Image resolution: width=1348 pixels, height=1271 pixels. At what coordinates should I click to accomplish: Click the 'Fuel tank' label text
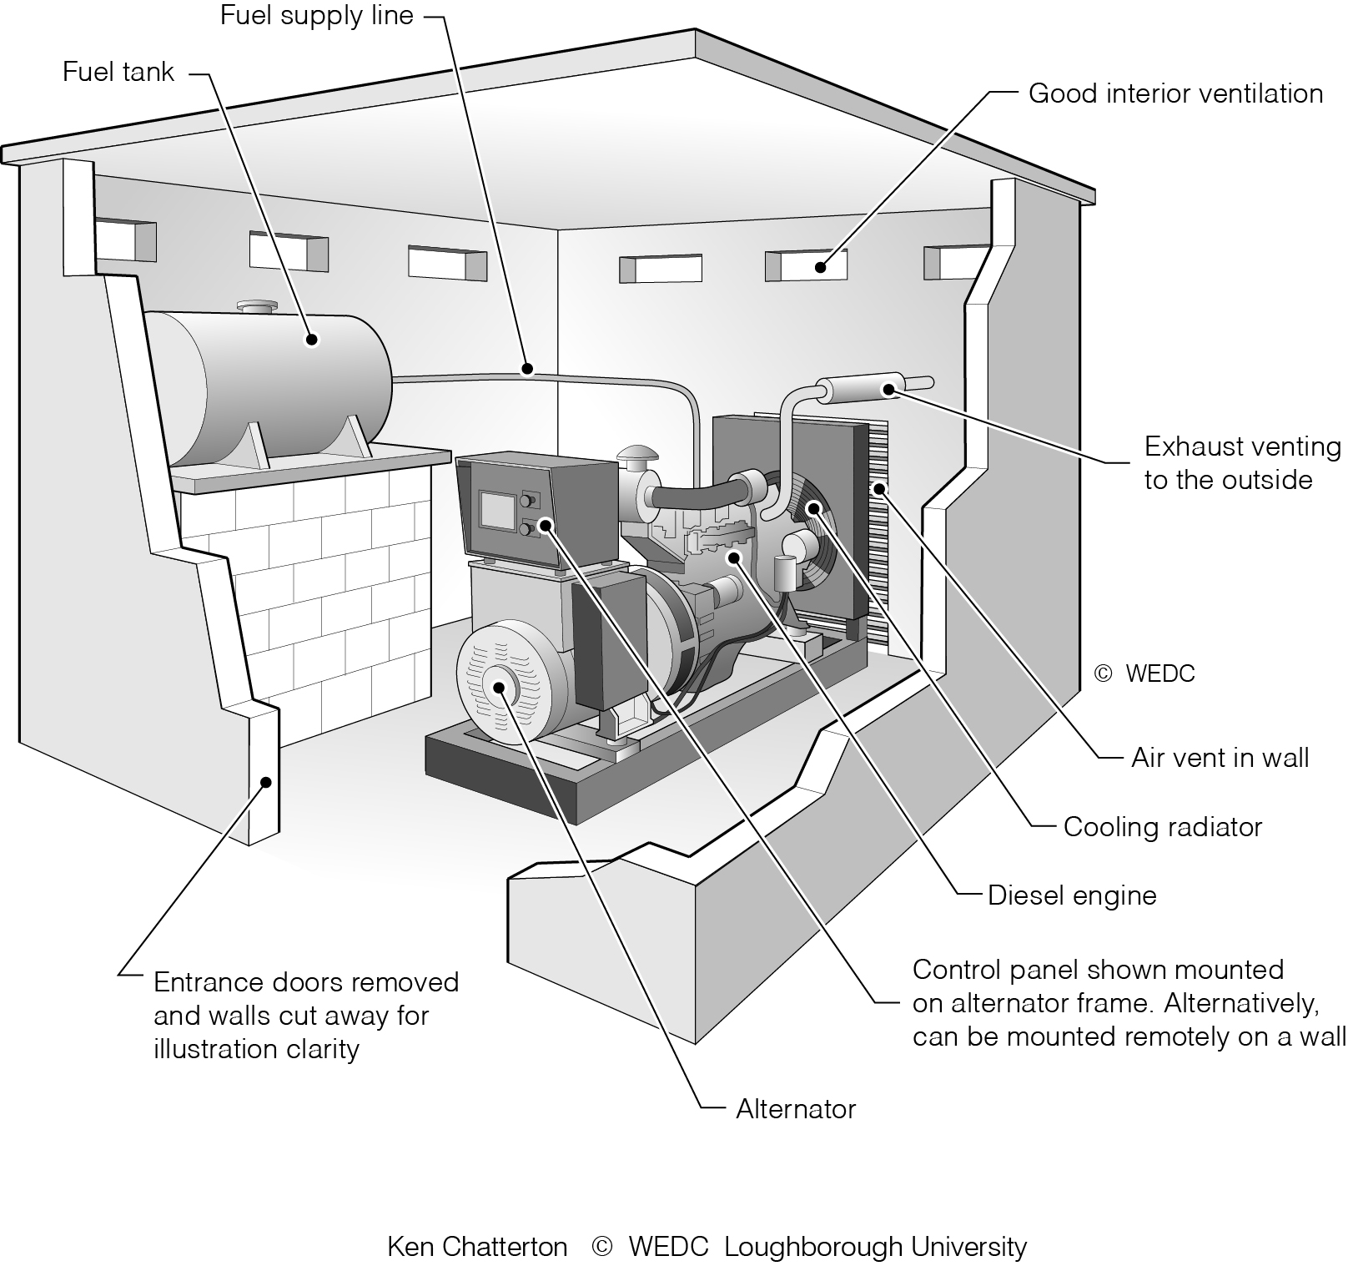pyautogui.click(x=118, y=72)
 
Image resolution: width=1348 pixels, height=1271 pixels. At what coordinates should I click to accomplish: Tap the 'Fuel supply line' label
pyautogui.click(x=316, y=16)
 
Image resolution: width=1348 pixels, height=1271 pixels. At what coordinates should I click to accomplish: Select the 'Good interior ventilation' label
pyautogui.click(x=1174, y=93)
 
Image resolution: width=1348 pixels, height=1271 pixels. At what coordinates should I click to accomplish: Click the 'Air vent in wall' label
pyautogui.click(x=1219, y=758)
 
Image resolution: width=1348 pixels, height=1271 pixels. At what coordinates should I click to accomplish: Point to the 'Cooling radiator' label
pyautogui.click(x=1162, y=827)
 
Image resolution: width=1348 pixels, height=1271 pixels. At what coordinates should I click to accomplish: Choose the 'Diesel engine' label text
pyautogui.click(x=1071, y=895)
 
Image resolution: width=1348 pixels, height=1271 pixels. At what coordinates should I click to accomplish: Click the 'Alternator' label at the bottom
pyautogui.click(x=795, y=1109)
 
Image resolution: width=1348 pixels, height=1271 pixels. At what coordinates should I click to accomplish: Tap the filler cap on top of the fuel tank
pyautogui.click(x=258, y=308)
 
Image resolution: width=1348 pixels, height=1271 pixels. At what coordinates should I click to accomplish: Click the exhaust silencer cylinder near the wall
pyautogui.click(x=859, y=388)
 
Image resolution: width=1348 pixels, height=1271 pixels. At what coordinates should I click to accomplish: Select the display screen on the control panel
pyautogui.click(x=497, y=510)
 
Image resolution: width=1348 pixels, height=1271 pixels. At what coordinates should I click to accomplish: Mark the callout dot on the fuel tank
pyautogui.click(x=312, y=340)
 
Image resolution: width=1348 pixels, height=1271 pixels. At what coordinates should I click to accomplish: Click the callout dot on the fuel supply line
pyautogui.click(x=526, y=368)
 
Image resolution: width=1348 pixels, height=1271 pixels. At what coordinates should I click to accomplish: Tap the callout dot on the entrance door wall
pyautogui.click(x=266, y=782)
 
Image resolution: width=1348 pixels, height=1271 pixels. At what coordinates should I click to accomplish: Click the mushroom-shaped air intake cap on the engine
pyautogui.click(x=637, y=459)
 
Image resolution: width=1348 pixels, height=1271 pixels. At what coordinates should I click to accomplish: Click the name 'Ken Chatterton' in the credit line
pyautogui.click(x=477, y=1247)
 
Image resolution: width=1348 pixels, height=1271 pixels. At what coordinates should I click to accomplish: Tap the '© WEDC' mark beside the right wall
pyautogui.click(x=1144, y=673)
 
